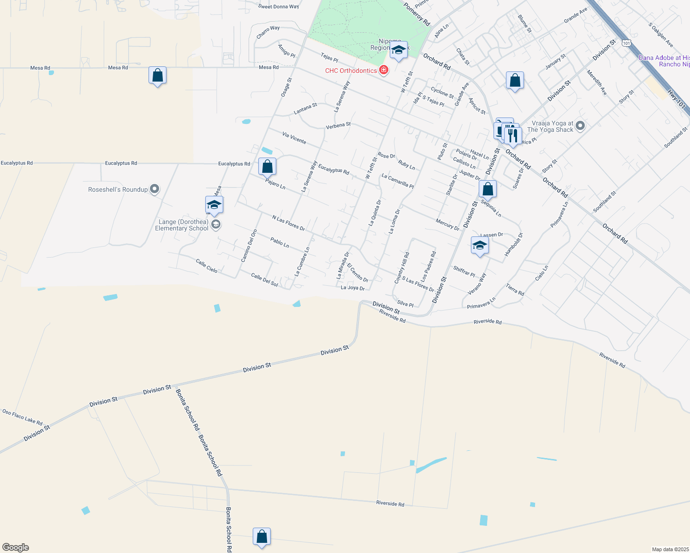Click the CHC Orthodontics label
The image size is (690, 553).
(351, 71)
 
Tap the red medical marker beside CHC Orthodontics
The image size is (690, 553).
(383, 70)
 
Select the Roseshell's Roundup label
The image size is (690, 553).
(118, 189)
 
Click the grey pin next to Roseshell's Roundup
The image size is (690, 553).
(155, 189)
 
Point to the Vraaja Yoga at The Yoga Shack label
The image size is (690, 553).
(552, 126)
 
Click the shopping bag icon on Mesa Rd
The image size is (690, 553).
(157, 76)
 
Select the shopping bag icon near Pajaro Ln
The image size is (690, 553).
(267, 166)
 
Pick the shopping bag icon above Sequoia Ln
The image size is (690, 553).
(488, 188)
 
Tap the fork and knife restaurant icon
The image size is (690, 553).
(512, 135)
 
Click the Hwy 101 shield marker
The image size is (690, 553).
(626, 43)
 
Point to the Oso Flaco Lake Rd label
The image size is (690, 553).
(22, 417)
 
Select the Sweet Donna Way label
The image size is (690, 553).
(279, 6)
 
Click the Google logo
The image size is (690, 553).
(15, 547)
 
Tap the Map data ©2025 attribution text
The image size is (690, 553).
(669, 549)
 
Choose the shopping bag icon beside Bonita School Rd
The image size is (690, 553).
(262, 537)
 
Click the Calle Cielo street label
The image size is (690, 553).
(207, 266)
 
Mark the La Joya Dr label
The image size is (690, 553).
(352, 288)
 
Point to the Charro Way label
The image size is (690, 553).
(268, 31)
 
